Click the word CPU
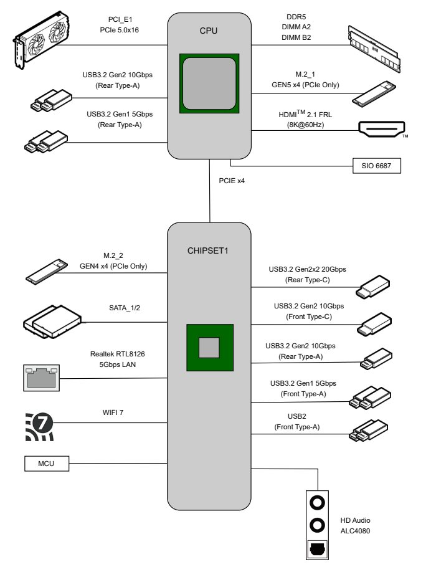(x=209, y=29)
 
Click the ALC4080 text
(x=357, y=531)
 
